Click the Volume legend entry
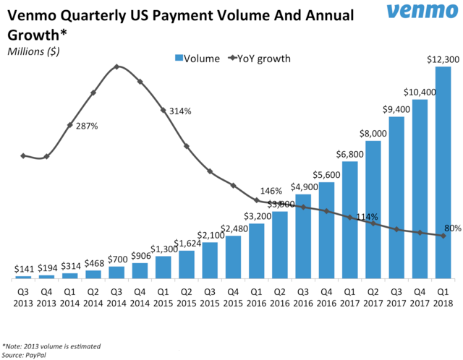pos(195,58)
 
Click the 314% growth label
pos(179,111)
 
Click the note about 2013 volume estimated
pos(51,346)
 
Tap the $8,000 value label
pos(373,134)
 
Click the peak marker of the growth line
pos(116,67)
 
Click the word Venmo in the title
pos(32,14)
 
